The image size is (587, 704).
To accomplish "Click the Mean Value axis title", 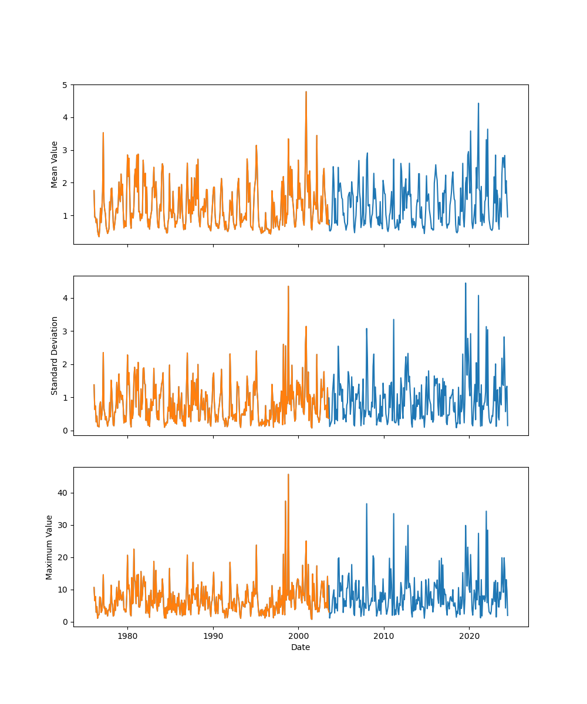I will tap(55, 164).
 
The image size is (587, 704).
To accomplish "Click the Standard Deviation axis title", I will tap(55, 356).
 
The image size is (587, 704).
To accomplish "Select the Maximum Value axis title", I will tap(50, 547).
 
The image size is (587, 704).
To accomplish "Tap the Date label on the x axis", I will tap(301, 647).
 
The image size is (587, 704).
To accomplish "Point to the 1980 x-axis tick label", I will tap(127, 635).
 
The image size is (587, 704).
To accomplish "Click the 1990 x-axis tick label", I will tap(213, 635).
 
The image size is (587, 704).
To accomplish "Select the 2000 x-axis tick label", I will tap(298, 635).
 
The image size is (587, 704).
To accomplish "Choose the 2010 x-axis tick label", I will tap(384, 635).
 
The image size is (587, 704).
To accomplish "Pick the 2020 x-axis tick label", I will tap(469, 635).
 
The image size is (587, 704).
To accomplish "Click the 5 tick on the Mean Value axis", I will tap(66, 85).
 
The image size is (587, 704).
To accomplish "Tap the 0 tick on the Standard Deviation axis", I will tap(66, 431).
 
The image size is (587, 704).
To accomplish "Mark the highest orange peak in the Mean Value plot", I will tap(306, 92).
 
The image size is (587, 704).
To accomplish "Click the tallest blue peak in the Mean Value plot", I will tap(478, 103).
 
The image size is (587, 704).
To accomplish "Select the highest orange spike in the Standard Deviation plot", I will tap(288, 286).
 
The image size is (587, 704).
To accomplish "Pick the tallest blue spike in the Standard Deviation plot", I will tap(465, 283).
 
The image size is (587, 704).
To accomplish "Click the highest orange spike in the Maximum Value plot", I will tap(288, 474).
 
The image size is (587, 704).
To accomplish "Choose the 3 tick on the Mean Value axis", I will tap(66, 150).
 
